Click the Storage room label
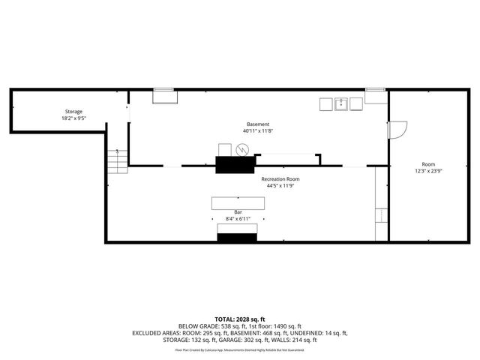point(73,112)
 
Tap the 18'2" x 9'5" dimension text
point(73,118)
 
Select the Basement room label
point(258,124)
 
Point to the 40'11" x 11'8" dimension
point(258,130)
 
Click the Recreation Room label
point(280,179)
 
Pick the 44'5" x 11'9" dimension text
point(280,186)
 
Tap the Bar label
point(238,212)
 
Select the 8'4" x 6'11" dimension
point(238,219)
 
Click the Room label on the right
point(428,164)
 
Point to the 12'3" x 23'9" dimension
point(428,171)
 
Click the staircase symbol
point(115,159)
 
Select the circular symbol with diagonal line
point(241,150)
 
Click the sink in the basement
point(340,104)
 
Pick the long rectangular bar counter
point(238,202)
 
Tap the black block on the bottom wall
point(238,238)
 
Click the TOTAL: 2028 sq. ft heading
point(240,319)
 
